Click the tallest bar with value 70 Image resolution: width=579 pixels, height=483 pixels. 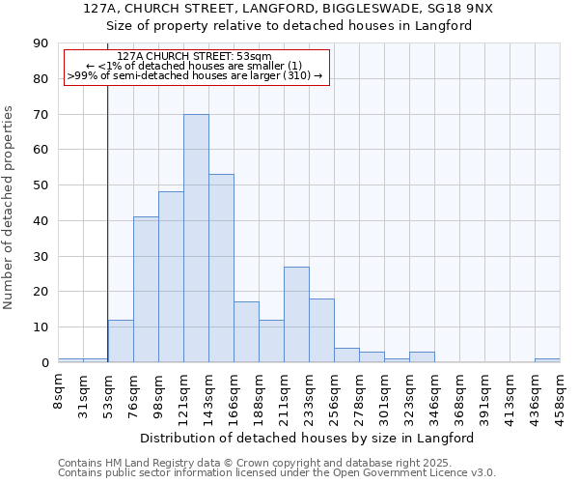[196, 239]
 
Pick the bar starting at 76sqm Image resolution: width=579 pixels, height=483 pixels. [146, 290]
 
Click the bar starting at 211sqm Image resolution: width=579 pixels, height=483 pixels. [296, 315]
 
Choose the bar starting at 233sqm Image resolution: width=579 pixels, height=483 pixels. [321, 330]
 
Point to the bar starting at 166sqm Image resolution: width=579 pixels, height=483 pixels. [246, 332]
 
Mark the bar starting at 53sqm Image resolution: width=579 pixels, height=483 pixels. [121, 341]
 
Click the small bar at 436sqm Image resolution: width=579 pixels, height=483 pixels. [547, 360]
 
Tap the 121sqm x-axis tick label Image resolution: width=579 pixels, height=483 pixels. [184, 391]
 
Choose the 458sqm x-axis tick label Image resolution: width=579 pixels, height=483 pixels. [560, 391]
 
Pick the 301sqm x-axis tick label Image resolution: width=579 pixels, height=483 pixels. [384, 391]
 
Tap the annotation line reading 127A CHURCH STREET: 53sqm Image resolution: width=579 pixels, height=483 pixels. [197, 56]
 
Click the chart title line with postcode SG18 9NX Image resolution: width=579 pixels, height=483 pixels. [289, 8]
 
